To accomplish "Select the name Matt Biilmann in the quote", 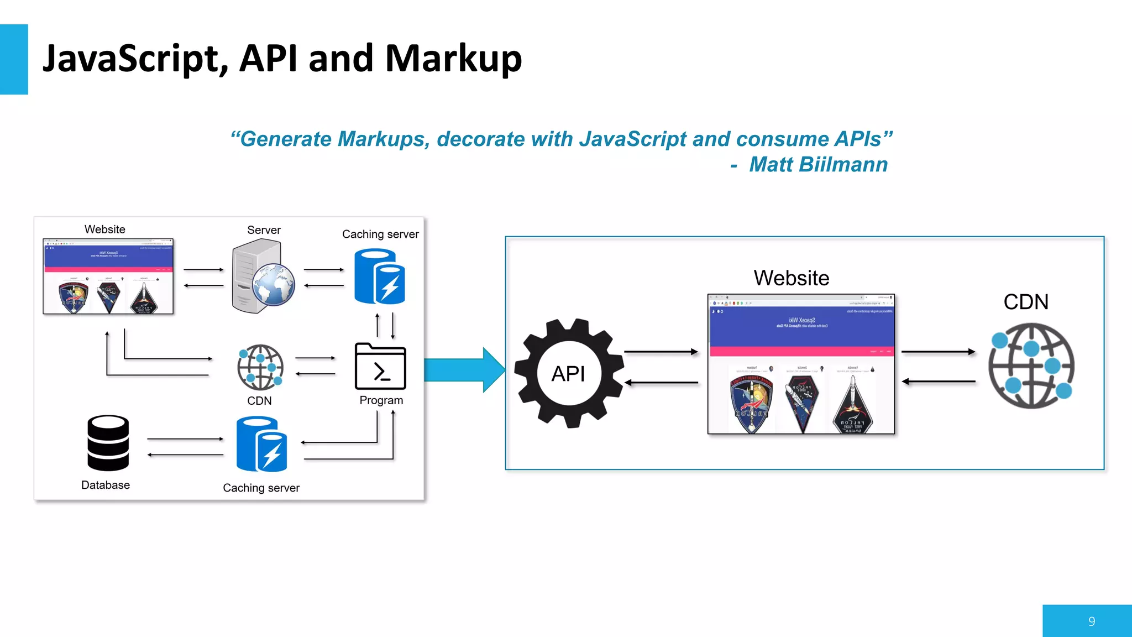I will click(818, 165).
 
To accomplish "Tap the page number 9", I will click(1091, 622).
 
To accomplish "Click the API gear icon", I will click(569, 374).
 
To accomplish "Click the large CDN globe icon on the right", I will click(1031, 366).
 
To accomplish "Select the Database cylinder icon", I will click(108, 443).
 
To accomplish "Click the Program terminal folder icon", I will click(380, 367).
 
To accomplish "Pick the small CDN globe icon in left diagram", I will click(260, 367).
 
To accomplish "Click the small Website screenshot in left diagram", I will click(108, 276).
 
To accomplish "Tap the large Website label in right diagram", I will click(791, 278).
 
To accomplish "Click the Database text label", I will click(106, 485).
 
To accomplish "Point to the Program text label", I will click(381, 400).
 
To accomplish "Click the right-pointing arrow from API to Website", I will click(661, 352).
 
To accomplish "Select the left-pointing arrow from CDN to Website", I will click(938, 381).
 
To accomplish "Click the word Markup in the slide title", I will click(453, 59).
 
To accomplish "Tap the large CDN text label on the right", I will click(1026, 302).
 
